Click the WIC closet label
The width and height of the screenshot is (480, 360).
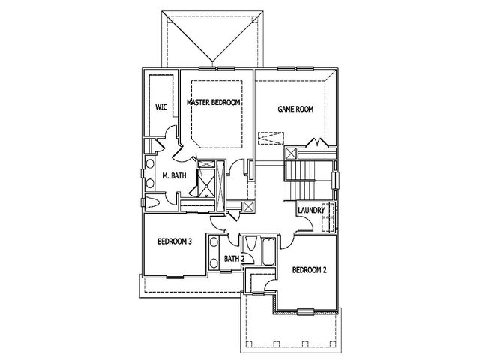tap(161, 107)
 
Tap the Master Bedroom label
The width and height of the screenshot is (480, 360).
tap(213, 102)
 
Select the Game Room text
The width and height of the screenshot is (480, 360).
tap(295, 109)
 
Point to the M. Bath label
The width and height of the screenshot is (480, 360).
tap(174, 175)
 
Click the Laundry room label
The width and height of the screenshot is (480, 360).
tap(311, 210)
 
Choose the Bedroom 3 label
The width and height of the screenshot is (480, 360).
tap(175, 241)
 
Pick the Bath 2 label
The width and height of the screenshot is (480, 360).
tap(235, 259)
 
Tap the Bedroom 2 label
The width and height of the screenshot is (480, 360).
tap(310, 270)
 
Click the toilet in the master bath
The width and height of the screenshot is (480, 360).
tap(151, 203)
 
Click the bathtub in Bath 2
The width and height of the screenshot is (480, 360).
tap(268, 251)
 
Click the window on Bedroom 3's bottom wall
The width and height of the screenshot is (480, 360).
tap(175, 277)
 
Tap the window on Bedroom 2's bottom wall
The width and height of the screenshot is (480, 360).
tap(306, 312)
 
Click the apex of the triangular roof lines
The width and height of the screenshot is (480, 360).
tap(212, 62)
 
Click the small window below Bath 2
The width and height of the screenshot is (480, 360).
tap(226, 271)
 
